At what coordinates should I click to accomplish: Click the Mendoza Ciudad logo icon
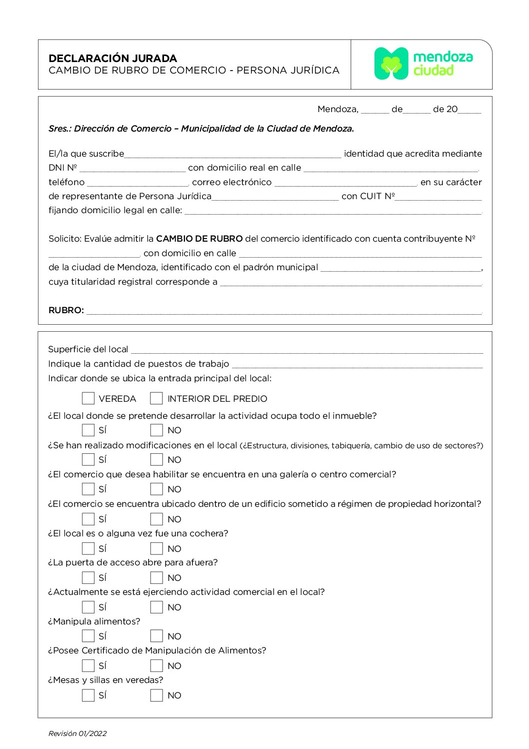[x=391, y=64]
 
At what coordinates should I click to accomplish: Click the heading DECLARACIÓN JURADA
[x=113, y=58]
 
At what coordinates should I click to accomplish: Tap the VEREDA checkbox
[x=88, y=398]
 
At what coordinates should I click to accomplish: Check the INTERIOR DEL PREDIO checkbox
[x=156, y=398]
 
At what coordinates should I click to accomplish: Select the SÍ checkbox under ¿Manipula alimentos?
[x=88, y=636]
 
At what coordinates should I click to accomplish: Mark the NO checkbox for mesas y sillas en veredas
[x=156, y=695]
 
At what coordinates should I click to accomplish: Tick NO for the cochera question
[x=156, y=548]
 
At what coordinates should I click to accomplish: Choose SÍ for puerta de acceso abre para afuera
[x=88, y=577]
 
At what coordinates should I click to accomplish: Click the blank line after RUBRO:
[x=284, y=311]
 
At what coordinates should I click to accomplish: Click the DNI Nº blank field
[x=132, y=169]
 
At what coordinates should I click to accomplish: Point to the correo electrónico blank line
[x=345, y=183]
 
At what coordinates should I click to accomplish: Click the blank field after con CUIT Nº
[x=438, y=197]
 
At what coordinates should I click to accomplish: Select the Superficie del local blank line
[x=306, y=350]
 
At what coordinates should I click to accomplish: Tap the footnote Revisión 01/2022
[x=77, y=733]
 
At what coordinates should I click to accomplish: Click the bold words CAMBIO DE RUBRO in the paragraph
[x=199, y=239]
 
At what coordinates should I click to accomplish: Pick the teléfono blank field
[x=137, y=183]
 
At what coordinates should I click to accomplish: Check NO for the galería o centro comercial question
[x=156, y=489]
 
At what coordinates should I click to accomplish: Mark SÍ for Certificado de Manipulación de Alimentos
[x=88, y=665]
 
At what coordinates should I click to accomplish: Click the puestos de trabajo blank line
[x=357, y=365]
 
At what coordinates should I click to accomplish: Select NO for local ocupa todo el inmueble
[x=156, y=430]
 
